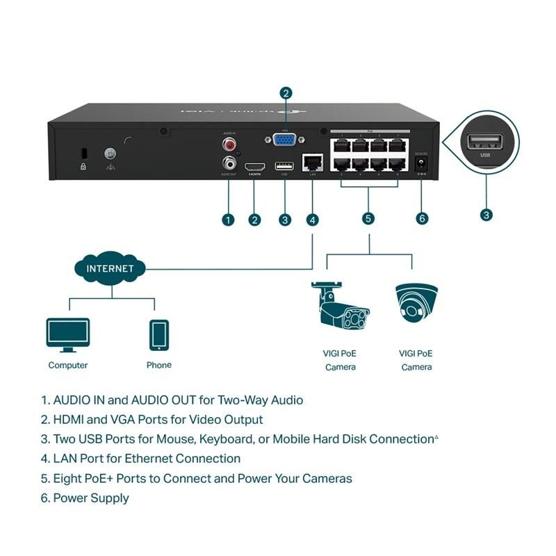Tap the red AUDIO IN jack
pyautogui.click(x=228, y=145)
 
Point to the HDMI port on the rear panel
pyautogui.click(x=255, y=166)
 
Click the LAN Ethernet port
pyautogui.click(x=313, y=163)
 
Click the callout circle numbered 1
pyautogui.click(x=228, y=220)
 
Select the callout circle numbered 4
pyautogui.click(x=313, y=220)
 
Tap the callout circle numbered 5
pyautogui.click(x=369, y=218)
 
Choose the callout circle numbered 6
pyautogui.click(x=422, y=218)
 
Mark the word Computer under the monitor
pyautogui.click(x=68, y=366)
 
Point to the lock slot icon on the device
pyautogui.click(x=83, y=153)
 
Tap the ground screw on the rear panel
pyautogui.click(x=109, y=154)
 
